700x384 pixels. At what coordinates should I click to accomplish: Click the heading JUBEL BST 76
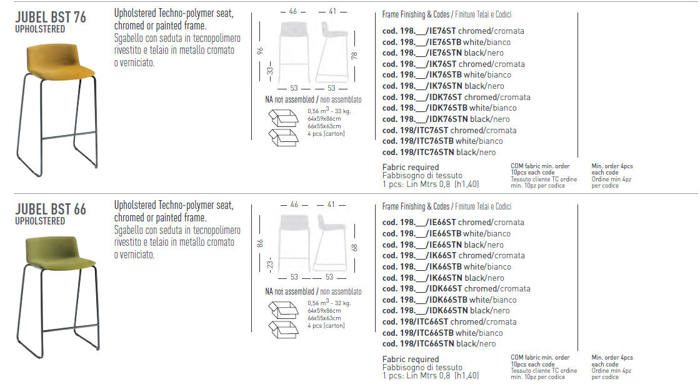click(51, 18)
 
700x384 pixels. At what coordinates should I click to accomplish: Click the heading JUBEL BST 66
click(51, 210)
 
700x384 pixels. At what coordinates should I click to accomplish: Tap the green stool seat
click(60, 253)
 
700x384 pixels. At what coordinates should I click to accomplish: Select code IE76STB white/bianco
click(446, 42)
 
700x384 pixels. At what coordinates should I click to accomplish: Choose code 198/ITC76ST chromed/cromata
click(449, 130)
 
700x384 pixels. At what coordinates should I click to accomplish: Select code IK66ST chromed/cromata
click(454, 255)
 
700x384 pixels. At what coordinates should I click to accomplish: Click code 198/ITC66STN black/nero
click(439, 344)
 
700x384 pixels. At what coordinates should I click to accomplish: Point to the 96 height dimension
click(260, 51)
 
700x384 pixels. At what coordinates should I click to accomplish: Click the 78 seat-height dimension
click(354, 56)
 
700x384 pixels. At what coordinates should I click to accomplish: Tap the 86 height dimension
click(260, 243)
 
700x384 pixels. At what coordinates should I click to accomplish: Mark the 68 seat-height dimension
click(354, 248)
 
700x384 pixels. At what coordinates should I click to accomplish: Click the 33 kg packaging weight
click(342, 111)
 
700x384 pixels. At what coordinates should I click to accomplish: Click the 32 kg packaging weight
click(342, 303)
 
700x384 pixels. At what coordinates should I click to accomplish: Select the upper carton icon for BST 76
click(284, 118)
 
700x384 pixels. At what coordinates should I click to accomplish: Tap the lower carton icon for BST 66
click(284, 330)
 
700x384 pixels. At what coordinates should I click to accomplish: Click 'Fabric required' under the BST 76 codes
click(411, 168)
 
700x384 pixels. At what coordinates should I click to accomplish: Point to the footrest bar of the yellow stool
click(69, 135)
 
